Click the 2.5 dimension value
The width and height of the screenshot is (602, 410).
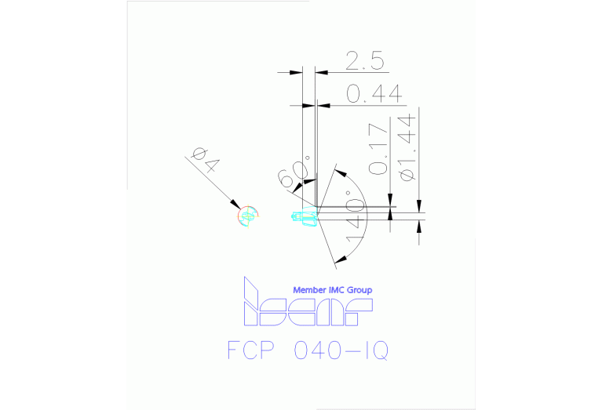pos(365,61)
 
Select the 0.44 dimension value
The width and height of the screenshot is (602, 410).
pos(374,94)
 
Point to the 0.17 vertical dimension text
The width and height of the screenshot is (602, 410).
pos(378,149)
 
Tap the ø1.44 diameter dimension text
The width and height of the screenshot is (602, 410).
pos(407,147)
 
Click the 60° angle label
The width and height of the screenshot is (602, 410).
pos(295,172)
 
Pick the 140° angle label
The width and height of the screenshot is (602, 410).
pos(355,216)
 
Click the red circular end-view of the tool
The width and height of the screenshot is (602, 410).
pos(248,216)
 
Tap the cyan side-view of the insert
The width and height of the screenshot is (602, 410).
pos(305,216)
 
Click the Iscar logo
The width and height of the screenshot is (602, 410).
pos(308,302)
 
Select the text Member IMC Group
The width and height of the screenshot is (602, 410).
pos(333,290)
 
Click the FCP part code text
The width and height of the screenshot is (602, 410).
pos(250,350)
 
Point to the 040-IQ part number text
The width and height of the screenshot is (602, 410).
pos(341,350)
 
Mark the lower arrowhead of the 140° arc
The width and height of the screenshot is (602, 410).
pos(340,259)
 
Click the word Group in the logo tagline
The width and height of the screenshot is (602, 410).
pos(359,290)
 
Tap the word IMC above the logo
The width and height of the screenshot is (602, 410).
pos(337,290)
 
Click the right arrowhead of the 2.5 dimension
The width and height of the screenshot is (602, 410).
pos(321,72)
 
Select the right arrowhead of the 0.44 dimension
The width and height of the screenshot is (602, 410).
pos(323,105)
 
